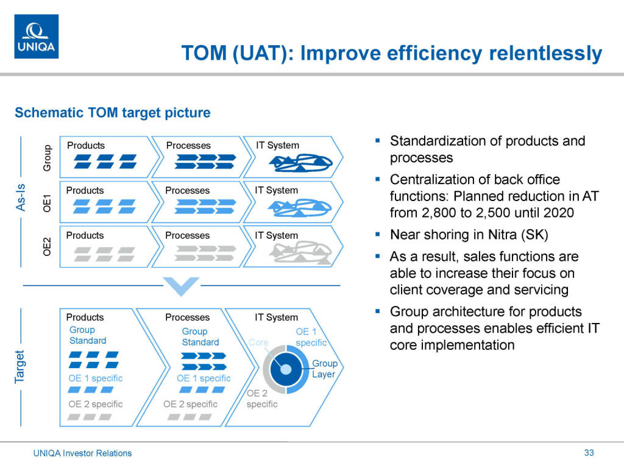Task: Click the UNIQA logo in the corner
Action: click(36, 37)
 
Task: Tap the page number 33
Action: click(589, 453)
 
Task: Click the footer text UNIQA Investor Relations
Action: click(82, 453)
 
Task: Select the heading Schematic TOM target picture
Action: click(113, 113)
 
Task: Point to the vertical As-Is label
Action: click(20, 197)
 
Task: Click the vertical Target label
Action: click(19, 367)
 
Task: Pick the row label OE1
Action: click(47, 203)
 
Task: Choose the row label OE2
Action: click(47, 247)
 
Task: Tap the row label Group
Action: click(47, 158)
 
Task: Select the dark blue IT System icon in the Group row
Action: click(301, 163)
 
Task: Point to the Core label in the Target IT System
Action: click(258, 342)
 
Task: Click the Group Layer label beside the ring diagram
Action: click(325, 369)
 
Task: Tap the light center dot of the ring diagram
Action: click(286, 370)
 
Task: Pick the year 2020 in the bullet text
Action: click(558, 213)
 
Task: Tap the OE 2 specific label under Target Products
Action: click(96, 404)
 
